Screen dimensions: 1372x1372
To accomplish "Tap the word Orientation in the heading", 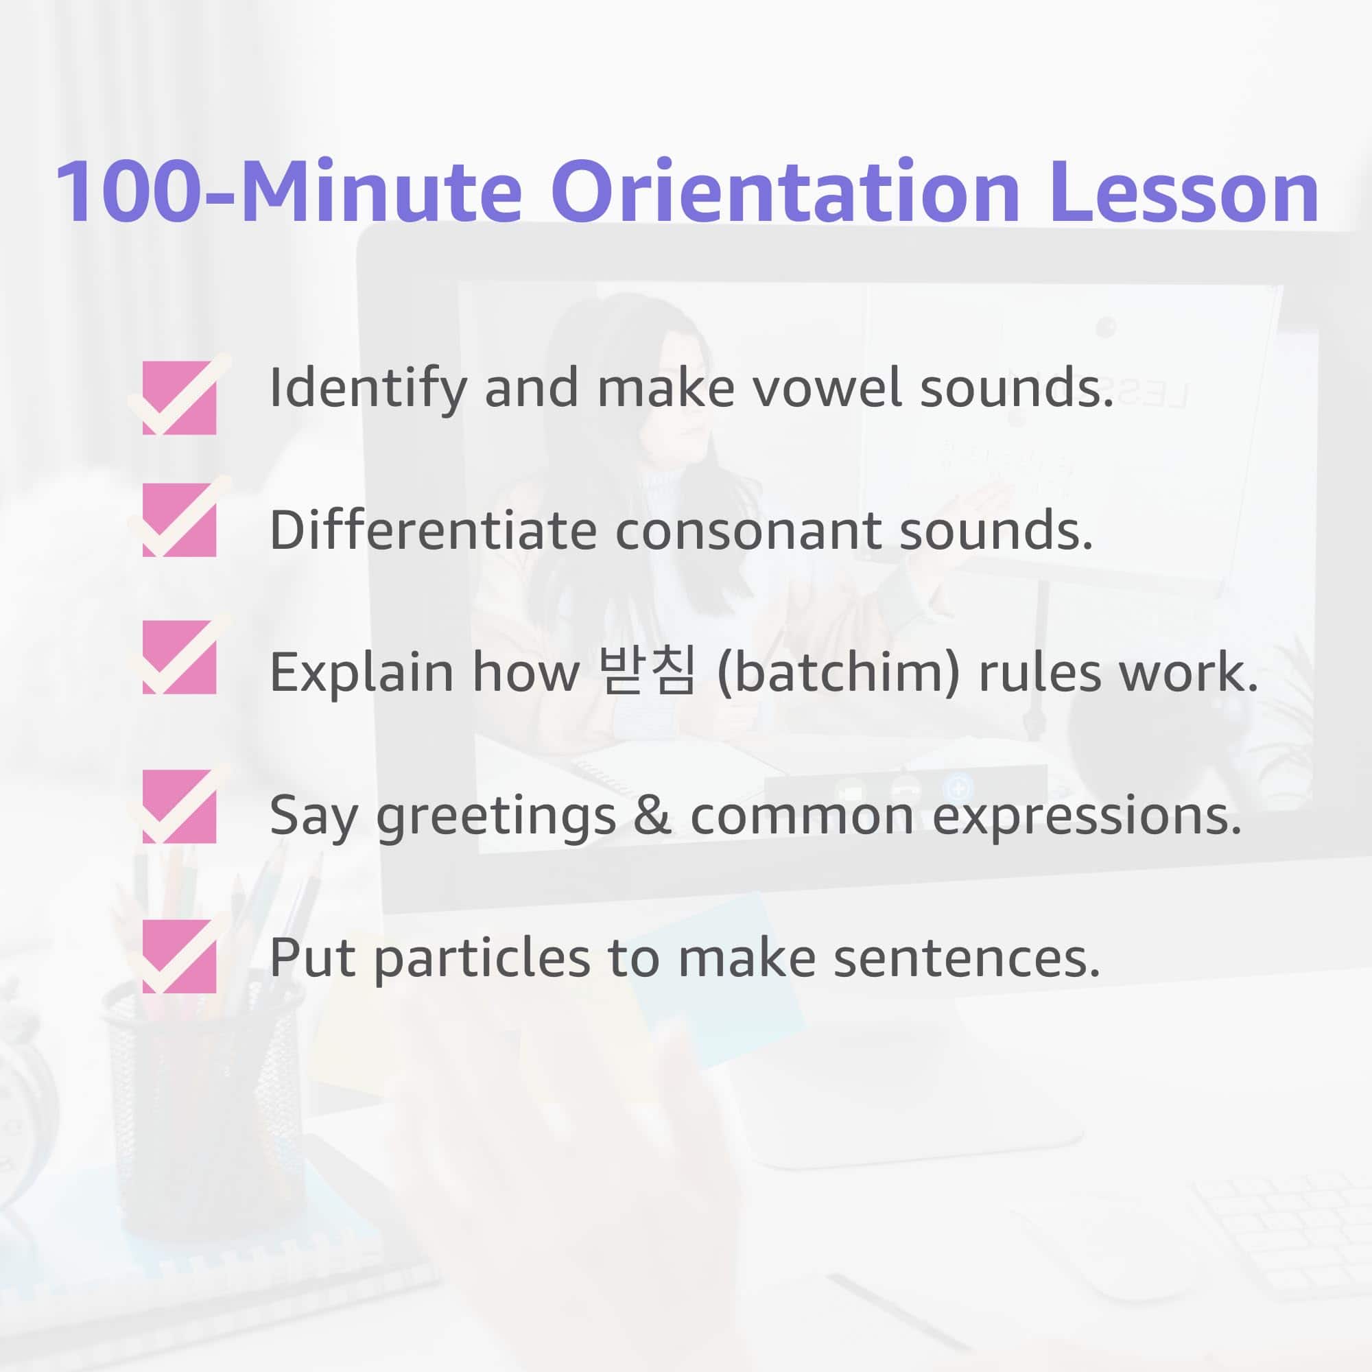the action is [785, 191].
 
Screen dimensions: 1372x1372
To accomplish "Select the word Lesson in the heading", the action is [1184, 191].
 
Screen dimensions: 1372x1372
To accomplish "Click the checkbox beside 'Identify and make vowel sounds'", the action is [179, 395].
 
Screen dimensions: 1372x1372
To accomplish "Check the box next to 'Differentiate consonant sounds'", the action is [179, 517].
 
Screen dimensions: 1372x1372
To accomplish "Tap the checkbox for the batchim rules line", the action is [179, 654].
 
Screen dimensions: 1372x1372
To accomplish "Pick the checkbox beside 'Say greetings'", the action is [179, 805].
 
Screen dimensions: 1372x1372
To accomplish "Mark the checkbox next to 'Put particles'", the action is [179, 954].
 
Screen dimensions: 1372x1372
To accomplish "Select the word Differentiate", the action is [433, 530].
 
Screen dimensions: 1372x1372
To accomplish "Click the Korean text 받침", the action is [646, 670].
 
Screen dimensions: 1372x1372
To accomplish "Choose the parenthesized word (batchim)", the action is [838, 672].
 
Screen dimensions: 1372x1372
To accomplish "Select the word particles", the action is [482, 960].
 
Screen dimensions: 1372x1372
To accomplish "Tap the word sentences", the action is [966, 959].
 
